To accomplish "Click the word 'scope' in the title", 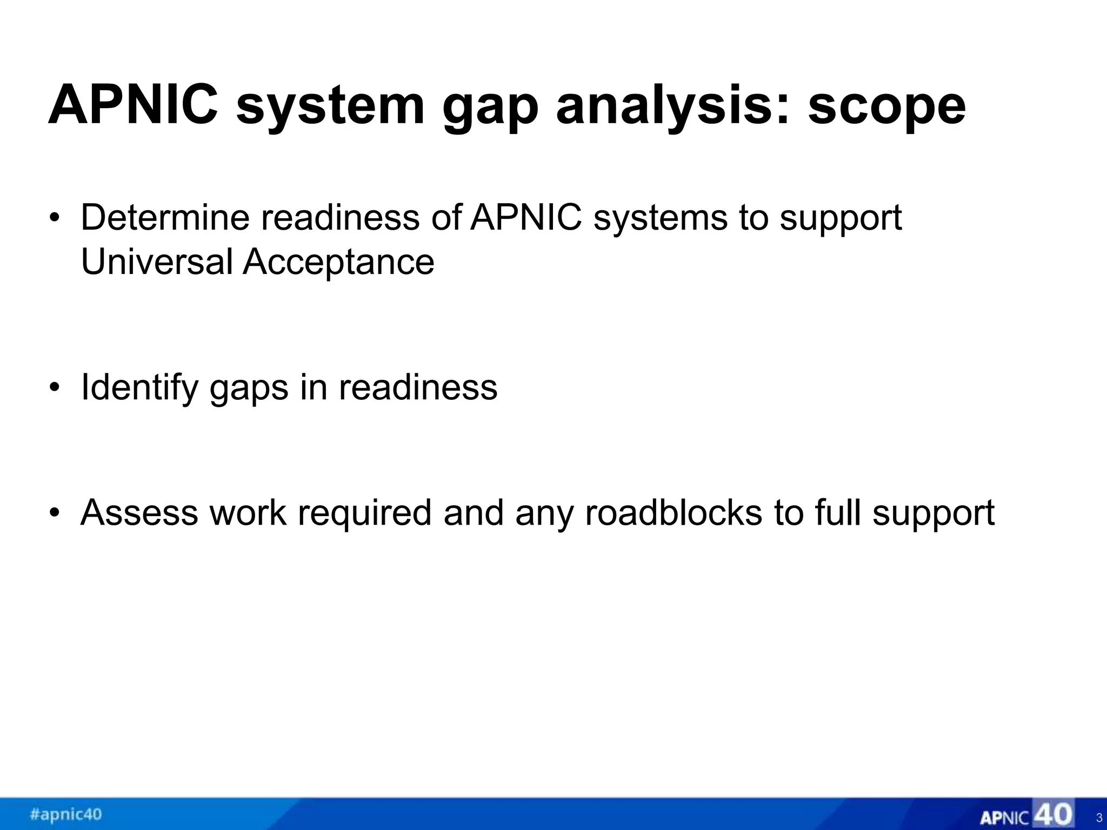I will [x=886, y=105].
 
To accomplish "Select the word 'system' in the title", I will [x=330, y=105].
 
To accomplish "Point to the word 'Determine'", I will [x=165, y=218].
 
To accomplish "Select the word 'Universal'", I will [x=157, y=262].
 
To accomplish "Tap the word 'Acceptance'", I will [x=338, y=262].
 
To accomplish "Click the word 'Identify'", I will [x=139, y=387].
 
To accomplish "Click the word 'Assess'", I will [x=139, y=513].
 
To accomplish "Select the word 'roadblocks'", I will [x=673, y=513].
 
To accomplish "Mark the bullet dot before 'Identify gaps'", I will [x=54, y=389].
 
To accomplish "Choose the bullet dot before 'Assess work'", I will [x=54, y=513].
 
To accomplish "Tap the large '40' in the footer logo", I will [x=1052, y=814].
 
